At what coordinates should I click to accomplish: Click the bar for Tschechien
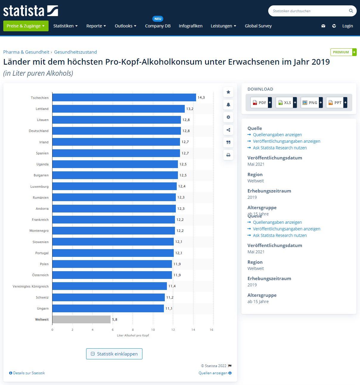(124, 97)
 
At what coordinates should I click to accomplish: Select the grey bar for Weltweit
(81, 319)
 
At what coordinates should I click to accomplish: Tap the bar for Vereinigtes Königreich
(109, 286)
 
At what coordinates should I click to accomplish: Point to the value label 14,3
(201, 97)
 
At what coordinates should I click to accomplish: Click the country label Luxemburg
(39, 187)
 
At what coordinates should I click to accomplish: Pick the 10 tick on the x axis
(153, 330)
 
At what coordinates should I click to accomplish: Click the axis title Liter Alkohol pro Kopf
(133, 335)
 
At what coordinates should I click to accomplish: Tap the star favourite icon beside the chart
(228, 92)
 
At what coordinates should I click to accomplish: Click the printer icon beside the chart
(228, 155)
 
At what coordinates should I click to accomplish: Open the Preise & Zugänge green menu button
(26, 26)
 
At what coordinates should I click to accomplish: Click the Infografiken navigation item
(190, 26)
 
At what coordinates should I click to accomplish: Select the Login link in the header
(347, 26)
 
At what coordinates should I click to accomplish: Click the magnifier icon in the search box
(351, 11)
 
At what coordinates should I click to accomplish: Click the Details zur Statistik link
(27, 373)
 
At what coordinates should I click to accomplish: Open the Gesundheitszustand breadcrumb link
(75, 52)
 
